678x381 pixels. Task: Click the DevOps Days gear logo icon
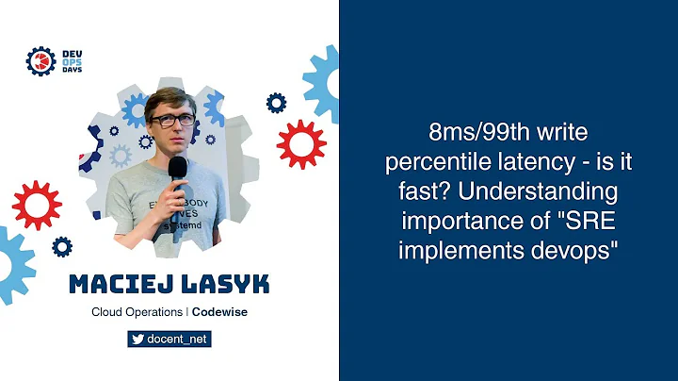click(x=40, y=60)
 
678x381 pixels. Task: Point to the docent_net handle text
click(x=177, y=340)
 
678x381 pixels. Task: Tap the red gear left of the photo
click(x=36, y=207)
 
